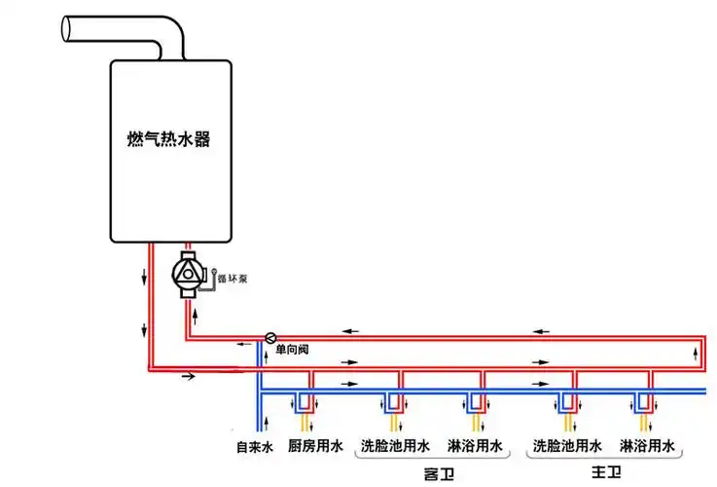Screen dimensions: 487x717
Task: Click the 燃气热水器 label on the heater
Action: point(169,140)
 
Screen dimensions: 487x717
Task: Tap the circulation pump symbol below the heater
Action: point(189,274)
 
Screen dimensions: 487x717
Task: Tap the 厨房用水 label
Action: point(315,448)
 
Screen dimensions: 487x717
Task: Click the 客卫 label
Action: point(440,474)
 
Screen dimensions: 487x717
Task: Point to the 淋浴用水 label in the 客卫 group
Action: point(475,448)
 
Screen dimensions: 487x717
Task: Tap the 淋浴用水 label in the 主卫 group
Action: point(647,448)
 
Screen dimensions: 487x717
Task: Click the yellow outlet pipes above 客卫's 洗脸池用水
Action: point(395,423)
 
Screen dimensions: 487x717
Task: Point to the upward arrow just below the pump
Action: point(196,314)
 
